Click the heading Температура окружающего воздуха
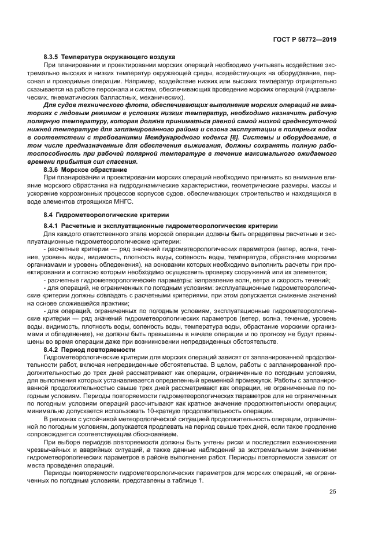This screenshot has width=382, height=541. pyautogui.click(x=119, y=57)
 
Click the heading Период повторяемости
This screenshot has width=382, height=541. pyautogui.click(x=99, y=350)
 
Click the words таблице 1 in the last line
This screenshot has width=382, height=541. pyautogui.click(x=184, y=481)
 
